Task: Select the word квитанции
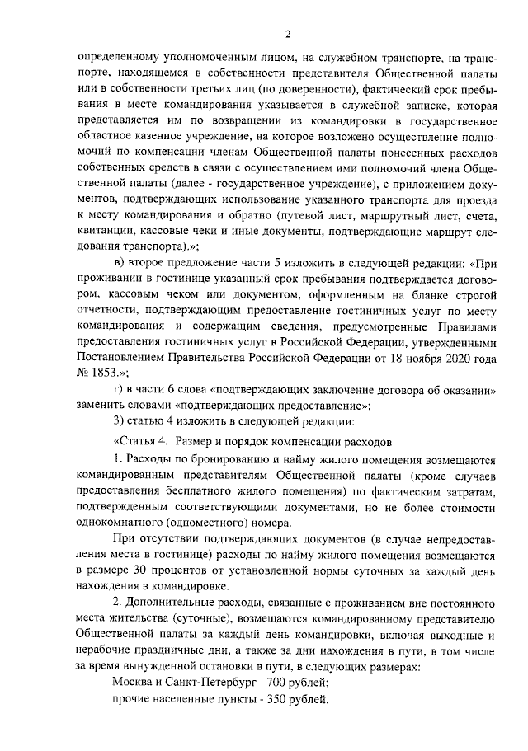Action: (x=105, y=230)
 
